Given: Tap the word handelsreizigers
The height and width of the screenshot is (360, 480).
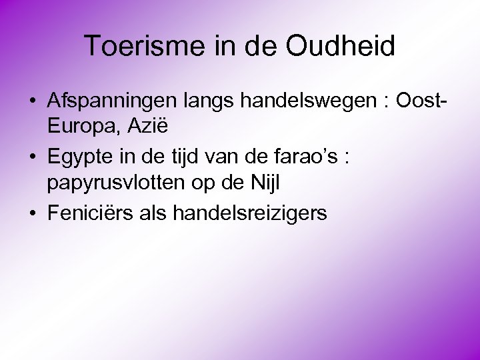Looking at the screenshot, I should [x=249, y=213].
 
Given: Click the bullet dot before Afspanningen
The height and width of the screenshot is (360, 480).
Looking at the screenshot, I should [x=32, y=101].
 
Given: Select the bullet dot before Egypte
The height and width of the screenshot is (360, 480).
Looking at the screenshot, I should [x=32, y=158].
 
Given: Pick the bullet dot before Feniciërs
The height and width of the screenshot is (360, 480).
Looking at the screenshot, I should [x=32, y=214].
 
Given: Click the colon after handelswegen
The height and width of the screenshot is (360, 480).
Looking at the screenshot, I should [x=386, y=102].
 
